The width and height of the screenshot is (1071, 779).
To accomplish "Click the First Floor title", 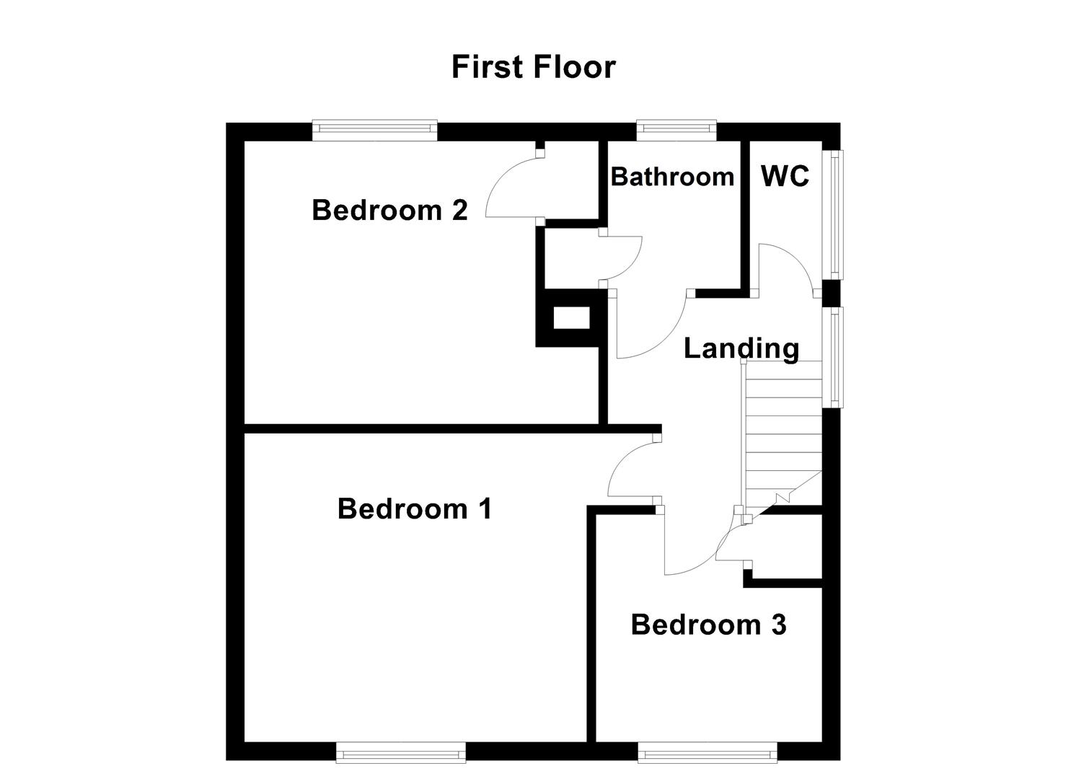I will [x=533, y=67].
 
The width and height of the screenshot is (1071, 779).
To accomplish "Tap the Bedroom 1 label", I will [x=414, y=509].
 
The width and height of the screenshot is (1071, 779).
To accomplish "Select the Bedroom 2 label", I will [x=389, y=210].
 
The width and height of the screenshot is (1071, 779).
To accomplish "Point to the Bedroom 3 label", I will [x=708, y=624].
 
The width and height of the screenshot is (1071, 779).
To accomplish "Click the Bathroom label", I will [x=672, y=177].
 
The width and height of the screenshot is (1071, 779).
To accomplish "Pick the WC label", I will [x=785, y=176].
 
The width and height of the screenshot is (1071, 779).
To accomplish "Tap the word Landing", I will [x=741, y=348].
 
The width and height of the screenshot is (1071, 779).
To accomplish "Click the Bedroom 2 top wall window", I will [x=375, y=131].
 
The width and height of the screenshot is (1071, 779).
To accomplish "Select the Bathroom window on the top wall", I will [x=676, y=131].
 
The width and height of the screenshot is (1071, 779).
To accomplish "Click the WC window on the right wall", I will [x=835, y=214].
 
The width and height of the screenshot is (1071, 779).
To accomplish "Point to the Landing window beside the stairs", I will [x=835, y=357].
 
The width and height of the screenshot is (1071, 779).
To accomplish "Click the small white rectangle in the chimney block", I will [x=571, y=317].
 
